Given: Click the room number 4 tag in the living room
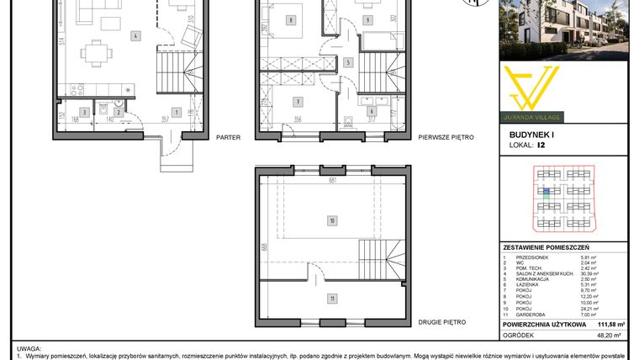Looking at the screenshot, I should pos(135,36).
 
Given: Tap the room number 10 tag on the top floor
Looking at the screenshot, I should pos(333,221).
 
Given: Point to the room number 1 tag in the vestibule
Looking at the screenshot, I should pos(176,111).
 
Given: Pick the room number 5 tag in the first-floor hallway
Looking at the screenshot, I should pos(348,62).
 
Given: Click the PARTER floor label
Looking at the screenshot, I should pos(228,136).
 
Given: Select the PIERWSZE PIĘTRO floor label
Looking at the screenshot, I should pos(446,136).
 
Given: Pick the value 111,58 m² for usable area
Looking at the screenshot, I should pos(610,323).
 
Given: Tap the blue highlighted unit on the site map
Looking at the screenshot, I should pos(546,193).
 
